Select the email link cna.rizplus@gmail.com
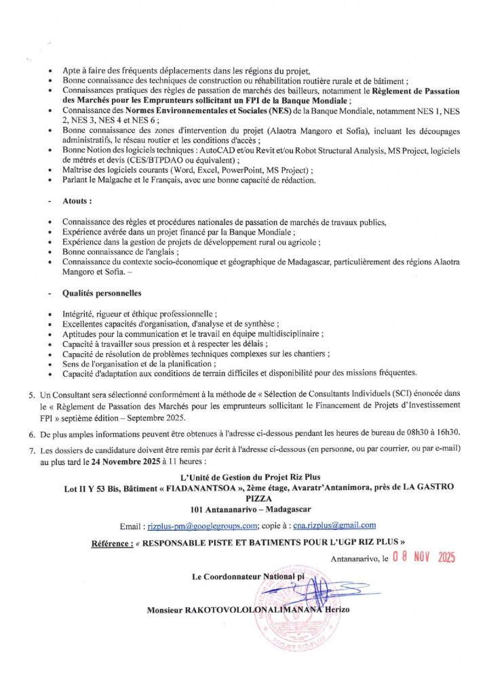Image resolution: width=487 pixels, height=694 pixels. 334,525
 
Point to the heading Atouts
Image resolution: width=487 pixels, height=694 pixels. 77,202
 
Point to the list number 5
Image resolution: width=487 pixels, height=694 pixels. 31,394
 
